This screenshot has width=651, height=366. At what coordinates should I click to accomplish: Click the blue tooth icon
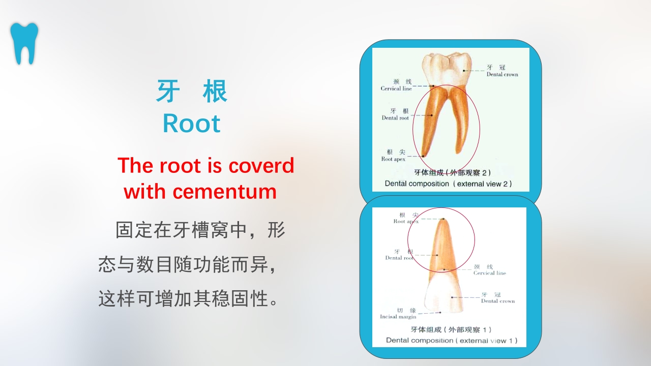click(24, 43)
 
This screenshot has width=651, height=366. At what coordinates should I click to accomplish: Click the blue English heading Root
click(192, 124)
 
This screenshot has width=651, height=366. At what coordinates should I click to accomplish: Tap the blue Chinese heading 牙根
click(192, 91)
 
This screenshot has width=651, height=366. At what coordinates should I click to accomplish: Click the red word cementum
click(224, 192)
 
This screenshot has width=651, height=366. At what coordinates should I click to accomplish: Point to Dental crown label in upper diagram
click(502, 74)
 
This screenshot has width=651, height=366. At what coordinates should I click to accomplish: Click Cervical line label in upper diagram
click(396, 88)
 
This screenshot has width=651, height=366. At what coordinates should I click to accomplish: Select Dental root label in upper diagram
click(395, 118)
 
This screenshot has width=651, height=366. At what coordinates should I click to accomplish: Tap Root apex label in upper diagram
click(393, 159)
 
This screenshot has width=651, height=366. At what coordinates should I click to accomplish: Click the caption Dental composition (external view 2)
click(448, 184)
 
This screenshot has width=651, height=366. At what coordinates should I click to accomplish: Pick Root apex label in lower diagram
click(406, 222)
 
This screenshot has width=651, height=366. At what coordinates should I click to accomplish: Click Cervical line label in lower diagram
click(489, 273)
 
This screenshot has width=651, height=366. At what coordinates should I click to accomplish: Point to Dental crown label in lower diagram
click(497, 301)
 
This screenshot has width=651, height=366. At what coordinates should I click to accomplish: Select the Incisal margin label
click(398, 317)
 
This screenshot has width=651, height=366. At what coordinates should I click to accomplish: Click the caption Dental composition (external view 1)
click(451, 340)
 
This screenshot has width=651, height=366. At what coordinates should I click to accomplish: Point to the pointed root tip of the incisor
click(443, 220)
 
